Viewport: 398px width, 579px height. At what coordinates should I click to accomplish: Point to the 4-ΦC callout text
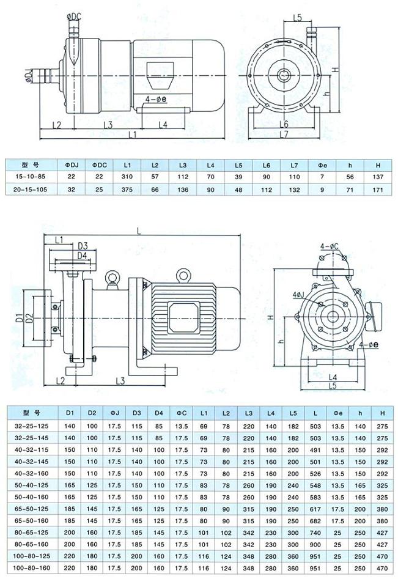coord(330,246)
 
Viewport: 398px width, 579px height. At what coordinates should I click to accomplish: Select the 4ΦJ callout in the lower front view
coord(298,295)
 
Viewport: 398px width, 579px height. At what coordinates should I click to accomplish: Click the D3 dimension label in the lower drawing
coord(83,246)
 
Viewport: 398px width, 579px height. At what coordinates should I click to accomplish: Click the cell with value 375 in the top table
coord(127,190)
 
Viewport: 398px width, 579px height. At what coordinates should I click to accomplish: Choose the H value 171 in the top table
coord(377,190)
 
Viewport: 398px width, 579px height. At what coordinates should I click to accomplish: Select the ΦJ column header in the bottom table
coord(114,411)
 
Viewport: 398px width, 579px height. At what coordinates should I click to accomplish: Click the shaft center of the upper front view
coord(286,75)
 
